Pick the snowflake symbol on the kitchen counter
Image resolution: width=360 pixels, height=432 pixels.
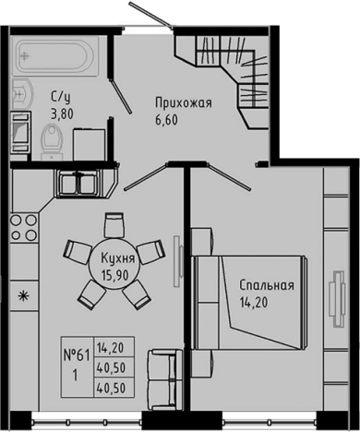pyautogui.click(x=23, y=296)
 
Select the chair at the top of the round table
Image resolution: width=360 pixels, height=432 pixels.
pyautogui.click(x=114, y=223)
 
